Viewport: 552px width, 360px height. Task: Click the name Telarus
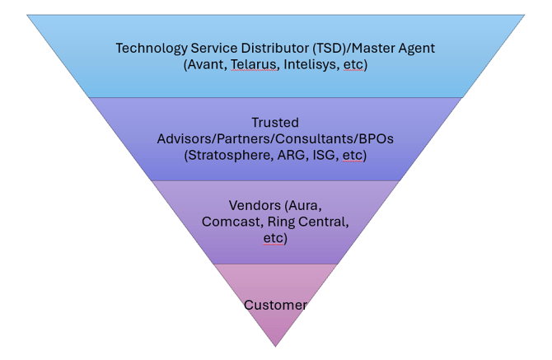(254, 64)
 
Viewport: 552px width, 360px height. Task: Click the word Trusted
(275, 123)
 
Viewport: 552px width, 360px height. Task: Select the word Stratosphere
(228, 155)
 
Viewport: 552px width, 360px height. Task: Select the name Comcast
(230, 222)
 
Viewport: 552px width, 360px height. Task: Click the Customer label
(275, 305)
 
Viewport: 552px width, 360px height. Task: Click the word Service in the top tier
(209, 48)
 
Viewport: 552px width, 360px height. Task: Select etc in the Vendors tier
(274, 238)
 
